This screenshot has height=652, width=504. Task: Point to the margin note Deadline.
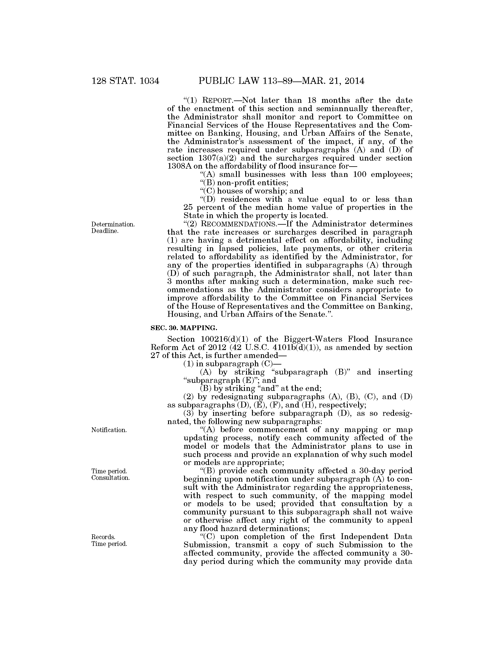click(x=105, y=231)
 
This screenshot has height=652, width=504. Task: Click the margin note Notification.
click(x=109, y=430)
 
